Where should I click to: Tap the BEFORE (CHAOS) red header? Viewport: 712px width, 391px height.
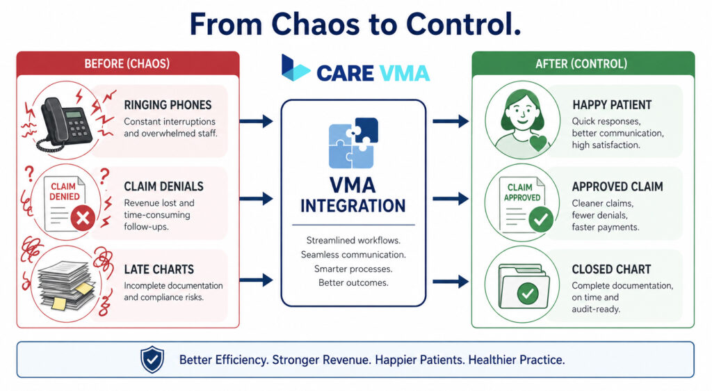[127, 63]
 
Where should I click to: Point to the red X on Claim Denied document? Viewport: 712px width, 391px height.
[82, 219]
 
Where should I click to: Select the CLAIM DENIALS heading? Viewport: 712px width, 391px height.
[163, 186]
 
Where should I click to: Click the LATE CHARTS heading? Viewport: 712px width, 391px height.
[159, 269]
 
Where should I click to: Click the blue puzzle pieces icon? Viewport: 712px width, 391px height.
[353, 143]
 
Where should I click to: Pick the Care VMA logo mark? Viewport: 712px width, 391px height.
[295, 69]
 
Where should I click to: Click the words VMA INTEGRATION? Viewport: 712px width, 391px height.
[353, 196]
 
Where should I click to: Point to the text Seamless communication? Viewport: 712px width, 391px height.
[353, 255]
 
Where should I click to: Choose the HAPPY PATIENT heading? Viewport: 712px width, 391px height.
[612, 105]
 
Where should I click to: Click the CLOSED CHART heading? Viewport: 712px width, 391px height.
[612, 269]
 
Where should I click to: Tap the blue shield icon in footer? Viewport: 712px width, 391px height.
[152, 360]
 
